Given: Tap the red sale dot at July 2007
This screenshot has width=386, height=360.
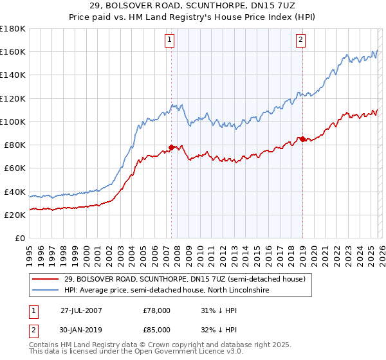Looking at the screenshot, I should point(171,147).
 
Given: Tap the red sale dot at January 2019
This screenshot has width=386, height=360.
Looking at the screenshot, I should point(302,139).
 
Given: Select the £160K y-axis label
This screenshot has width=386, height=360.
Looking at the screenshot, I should point(13,51).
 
